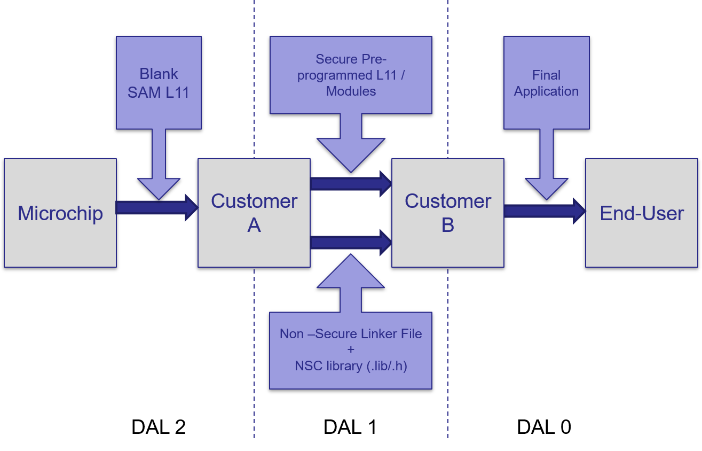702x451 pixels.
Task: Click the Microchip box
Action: (x=60, y=213)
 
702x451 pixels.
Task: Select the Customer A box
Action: (x=254, y=213)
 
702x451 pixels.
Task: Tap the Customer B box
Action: (x=448, y=213)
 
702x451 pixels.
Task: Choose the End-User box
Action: (x=642, y=213)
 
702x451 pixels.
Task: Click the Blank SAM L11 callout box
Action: (x=159, y=83)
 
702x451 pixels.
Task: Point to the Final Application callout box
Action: (x=546, y=83)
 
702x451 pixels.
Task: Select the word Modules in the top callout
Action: (x=351, y=91)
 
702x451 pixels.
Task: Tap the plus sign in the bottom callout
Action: (x=351, y=350)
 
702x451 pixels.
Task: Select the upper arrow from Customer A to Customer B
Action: (x=350, y=184)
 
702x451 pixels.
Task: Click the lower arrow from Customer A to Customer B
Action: (x=350, y=243)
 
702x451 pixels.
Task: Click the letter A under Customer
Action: (x=254, y=226)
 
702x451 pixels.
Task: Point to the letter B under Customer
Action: (x=448, y=226)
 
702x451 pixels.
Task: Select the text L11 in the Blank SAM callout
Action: (x=177, y=92)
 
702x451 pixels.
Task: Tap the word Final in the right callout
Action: (x=546, y=75)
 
